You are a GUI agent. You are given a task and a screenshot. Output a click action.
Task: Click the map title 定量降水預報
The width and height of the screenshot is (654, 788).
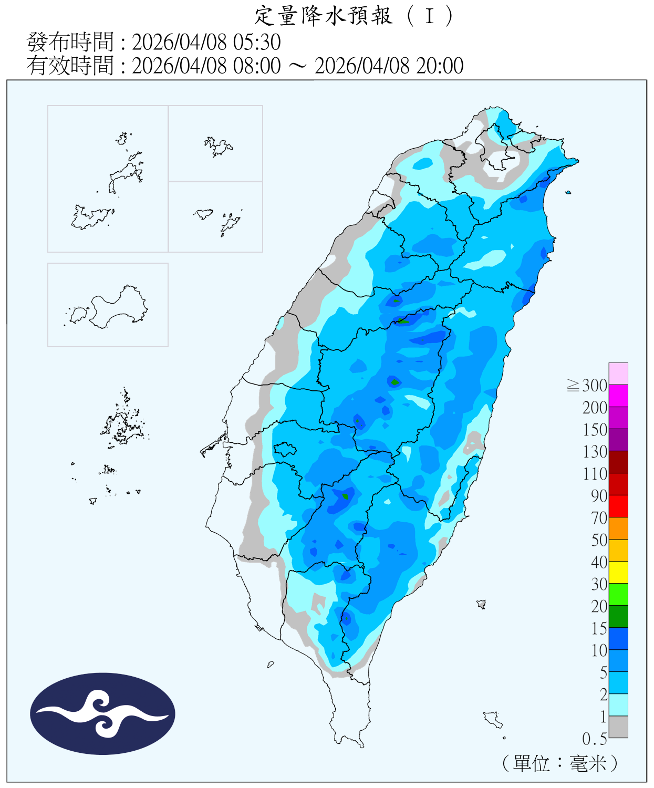324,16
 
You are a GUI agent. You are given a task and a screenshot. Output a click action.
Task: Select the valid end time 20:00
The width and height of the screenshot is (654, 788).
440,66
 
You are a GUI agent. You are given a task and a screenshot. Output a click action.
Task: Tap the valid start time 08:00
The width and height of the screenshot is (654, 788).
257,66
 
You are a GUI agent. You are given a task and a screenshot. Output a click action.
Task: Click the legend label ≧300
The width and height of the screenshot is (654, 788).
587,386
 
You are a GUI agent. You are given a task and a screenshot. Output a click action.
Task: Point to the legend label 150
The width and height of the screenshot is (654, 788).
595,430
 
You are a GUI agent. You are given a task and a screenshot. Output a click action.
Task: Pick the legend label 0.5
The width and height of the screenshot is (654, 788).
595,739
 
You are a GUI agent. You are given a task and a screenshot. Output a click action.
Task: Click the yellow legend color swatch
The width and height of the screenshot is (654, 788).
618,572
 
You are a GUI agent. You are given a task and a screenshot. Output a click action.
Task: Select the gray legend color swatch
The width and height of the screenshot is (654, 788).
618,727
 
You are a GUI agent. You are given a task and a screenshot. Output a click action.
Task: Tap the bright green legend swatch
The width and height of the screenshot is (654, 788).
618,594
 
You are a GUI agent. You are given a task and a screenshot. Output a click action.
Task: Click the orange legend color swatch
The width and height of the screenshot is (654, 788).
618,528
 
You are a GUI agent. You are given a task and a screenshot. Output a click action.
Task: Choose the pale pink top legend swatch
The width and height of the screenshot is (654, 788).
618,374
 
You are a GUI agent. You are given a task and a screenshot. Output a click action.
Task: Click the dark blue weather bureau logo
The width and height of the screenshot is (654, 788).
102,713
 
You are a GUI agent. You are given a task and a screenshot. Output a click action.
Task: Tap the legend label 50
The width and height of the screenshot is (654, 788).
599,540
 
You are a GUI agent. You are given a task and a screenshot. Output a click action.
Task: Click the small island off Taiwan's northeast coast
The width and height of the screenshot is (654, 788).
568,193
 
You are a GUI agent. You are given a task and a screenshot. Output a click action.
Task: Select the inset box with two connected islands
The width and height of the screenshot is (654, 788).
108,305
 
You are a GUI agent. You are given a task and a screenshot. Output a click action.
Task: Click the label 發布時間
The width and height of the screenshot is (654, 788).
70,42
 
